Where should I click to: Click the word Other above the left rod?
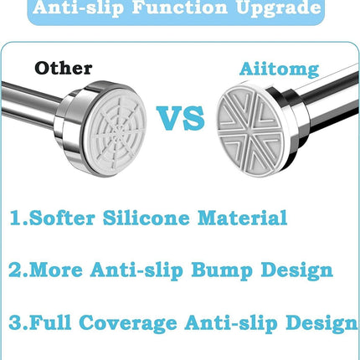point(64,68)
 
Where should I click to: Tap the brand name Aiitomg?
point(279,69)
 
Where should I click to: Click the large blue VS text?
point(181,118)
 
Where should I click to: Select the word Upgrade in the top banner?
point(279,8)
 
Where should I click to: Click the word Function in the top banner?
point(180,7)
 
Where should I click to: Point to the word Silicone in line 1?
point(147,218)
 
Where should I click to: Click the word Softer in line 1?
point(62,218)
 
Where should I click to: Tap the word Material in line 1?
point(242,218)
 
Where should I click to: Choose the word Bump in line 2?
point(222,270)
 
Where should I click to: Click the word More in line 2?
point(56,270)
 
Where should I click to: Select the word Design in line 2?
point(296,270)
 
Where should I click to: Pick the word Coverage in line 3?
point(128,323)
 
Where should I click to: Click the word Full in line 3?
point(50,322)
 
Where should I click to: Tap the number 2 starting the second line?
point(14,270)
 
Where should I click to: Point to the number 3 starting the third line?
point(14,322)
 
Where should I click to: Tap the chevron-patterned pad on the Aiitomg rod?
point(249,131)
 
